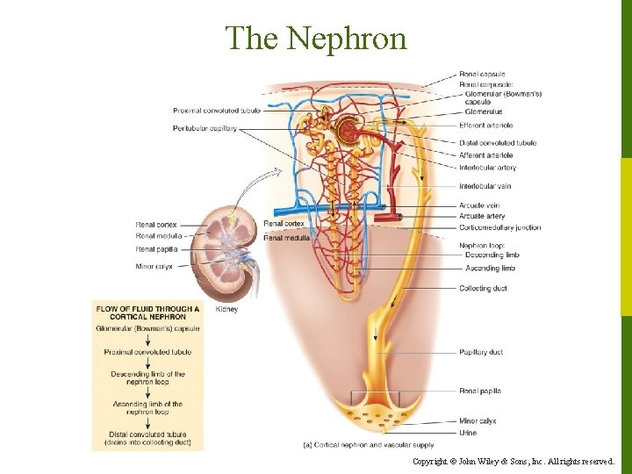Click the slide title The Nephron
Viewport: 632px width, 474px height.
[x=316, y=39]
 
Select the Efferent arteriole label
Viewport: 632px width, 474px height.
[x=485, y=126]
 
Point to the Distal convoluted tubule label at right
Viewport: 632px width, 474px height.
[x=497, y=142]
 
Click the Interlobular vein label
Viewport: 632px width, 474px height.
[x=485, y=186]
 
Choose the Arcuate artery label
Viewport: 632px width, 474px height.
[x=482, y=216]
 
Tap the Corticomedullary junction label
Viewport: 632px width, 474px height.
[x=499, y=227]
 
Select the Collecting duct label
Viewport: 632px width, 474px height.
[x=483, y=289]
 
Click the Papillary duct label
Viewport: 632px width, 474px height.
[x=481, y=353]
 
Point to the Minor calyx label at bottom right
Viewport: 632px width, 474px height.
[x=478, y=421]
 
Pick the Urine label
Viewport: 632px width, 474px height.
[x=468, y=433]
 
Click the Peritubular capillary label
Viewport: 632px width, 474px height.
[x=205, y=129]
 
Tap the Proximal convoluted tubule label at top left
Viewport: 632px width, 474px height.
[x=215, y=111]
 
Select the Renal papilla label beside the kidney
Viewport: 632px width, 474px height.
[x=156, y=249]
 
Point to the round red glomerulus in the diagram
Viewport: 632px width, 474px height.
[x=349, y=132]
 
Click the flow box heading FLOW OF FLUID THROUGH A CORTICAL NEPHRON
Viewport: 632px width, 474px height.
[x=147, y=312]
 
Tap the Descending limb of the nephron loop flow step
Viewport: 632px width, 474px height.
[x=147, y=378]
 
